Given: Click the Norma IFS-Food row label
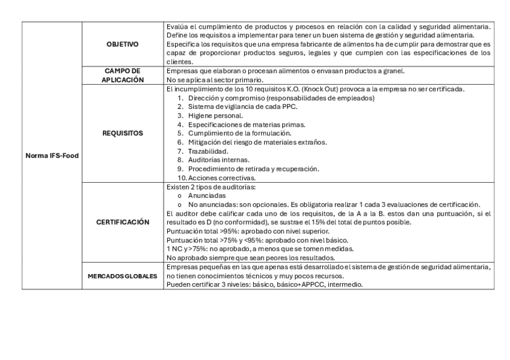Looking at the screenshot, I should coord(52,156).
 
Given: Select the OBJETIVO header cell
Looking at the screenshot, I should coord(122,44).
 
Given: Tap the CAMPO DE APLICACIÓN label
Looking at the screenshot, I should coord(122,75).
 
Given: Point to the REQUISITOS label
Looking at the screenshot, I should coord(122,133).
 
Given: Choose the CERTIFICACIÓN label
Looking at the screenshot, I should coord(122,222).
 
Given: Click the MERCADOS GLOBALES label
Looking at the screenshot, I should coord(122,276).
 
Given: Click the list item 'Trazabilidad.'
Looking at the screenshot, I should coord(207,151).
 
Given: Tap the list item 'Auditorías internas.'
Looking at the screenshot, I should coord(218,160).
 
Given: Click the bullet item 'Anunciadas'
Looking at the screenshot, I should coord(207,196).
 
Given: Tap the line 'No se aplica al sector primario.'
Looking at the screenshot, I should coord(215,80).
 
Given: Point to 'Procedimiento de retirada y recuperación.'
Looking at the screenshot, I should coord(253,169).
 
